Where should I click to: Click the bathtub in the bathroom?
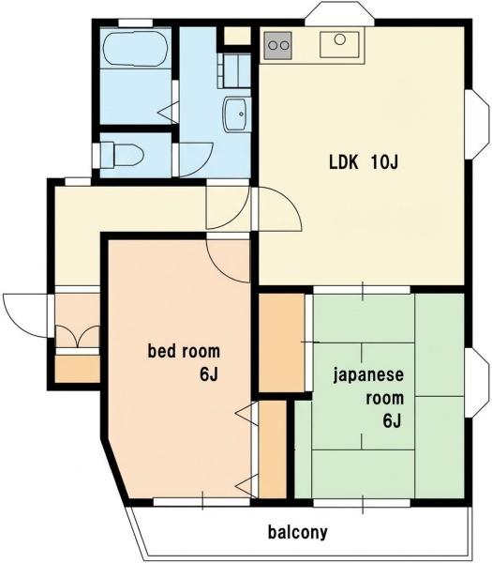pyautogui.click(x=135, y=49)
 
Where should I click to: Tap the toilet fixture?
pyautogui.click(x=122, y=155)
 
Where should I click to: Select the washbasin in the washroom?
pyautogui.click(x=234, y=114)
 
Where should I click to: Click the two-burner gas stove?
pyautogui.click(x=278, y=46)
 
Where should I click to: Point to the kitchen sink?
pyautogui.click(x=339, y=44)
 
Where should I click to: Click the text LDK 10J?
pyautogui.click(x=364, y=162)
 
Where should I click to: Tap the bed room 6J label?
pyautogui.click(x=184, y=362)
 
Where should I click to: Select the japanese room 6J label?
pyautogui.click(x=368, y=398)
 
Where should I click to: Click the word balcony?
pyautogui.click(x=298, y=532)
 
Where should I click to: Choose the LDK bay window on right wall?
pyautogui.click(x=477, y=124)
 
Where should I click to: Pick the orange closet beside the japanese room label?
pyautogui.click(x=282, y=342)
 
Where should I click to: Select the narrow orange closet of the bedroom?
pyautogui.click(x=273, y=449)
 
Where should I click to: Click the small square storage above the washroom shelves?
pyautogui.click(x=237, y=36)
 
